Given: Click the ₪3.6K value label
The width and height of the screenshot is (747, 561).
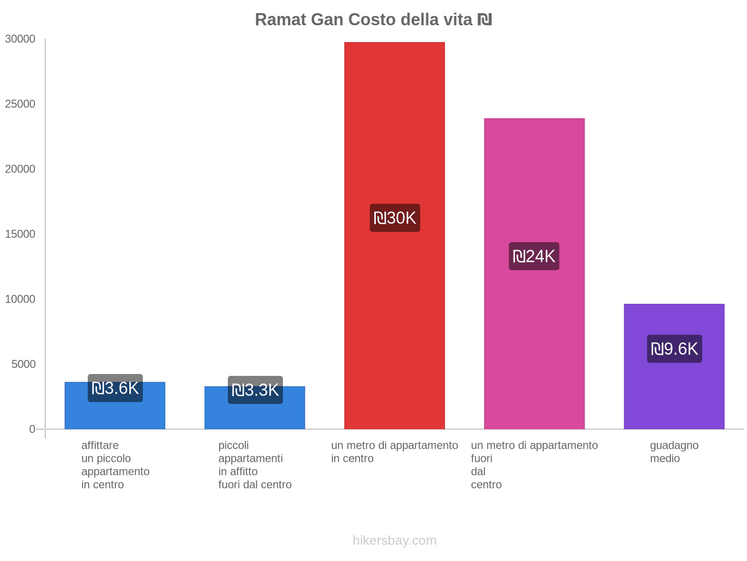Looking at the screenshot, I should (x=115, y=388).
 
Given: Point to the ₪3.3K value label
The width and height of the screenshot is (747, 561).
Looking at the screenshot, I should (x=255, y=390).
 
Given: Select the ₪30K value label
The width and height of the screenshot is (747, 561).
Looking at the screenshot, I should (x=395, y=218).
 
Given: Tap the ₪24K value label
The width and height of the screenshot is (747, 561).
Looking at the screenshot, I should (x=534, y=256).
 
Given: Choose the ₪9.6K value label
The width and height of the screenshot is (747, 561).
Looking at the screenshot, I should (x=675, y=349).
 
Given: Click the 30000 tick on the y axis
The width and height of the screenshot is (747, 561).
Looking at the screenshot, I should (x=21, y=39).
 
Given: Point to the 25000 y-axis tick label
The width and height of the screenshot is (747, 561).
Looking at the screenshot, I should (x=21, y=104).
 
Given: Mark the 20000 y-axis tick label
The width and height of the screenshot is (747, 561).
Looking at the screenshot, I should (x=21, y=169).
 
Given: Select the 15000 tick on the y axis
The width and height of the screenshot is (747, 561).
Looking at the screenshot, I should (x=21, y=234).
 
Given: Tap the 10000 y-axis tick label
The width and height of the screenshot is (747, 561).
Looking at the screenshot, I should (x=21, y=299).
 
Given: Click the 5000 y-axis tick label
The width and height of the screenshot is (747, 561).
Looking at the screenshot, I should (x=24, y=364).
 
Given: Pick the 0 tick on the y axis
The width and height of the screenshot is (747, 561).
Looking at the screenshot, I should (x=32, y=429).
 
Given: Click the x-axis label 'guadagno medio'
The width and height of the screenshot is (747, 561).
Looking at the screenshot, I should (x=674, y=452).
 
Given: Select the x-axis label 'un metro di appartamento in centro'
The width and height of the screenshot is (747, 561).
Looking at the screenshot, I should (x=395, y=452).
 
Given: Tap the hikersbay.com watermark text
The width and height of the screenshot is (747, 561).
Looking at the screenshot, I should (x=395, y=540).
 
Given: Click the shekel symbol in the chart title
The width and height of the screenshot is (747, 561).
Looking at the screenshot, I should (x=485, y=20).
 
